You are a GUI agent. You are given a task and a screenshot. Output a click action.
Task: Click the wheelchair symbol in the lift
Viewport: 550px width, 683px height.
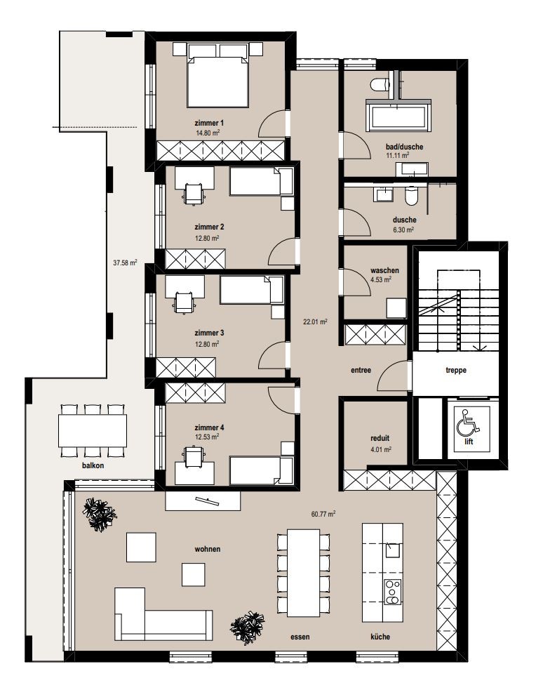(468, 423)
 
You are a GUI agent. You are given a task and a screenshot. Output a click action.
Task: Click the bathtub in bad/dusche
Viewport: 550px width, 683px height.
(398, 115)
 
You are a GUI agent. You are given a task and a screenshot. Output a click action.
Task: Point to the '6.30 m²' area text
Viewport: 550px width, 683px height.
(403, 230)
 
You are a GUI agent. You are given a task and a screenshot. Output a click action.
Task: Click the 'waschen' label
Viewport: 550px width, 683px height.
(384, 270)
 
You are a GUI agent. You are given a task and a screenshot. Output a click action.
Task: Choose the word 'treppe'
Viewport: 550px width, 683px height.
(456, 370)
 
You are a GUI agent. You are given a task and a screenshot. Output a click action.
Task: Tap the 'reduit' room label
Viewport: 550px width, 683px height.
(380, 438)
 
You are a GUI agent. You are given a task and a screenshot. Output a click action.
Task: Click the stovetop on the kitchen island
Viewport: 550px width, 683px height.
(392, 592)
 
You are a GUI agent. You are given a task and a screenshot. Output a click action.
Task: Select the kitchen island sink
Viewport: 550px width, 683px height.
(392, 550)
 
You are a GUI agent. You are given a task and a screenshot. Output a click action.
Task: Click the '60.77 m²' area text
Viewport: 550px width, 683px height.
(323, 514)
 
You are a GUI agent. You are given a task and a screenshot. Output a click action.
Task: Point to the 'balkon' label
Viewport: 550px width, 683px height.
(93, 465)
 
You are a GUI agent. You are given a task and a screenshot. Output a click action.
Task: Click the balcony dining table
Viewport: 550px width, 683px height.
(93, 430)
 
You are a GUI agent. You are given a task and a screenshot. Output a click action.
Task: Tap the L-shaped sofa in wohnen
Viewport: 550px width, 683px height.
(163, 615)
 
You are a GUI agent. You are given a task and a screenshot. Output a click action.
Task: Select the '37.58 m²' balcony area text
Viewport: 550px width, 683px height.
(125, 263)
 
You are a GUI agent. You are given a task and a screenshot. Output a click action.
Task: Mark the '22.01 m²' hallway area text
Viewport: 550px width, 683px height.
(315, 322)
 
